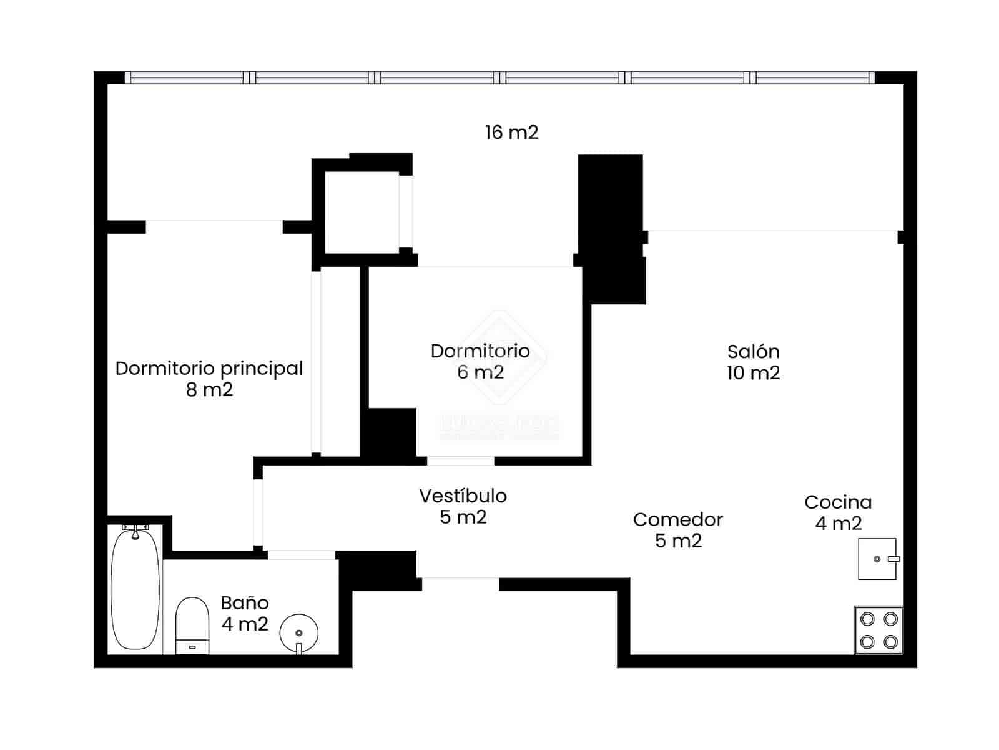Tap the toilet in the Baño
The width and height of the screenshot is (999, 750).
click(192, 625)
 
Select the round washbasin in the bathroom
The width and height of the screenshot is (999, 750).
click(299, 632)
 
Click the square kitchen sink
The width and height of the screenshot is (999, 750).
click(877, 559)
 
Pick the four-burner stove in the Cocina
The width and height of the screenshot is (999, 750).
click(878, 630)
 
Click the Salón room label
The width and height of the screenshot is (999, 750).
click(753, 351)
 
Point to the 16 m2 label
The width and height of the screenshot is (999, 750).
click(511, 132)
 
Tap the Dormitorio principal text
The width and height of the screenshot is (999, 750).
click(209, 368)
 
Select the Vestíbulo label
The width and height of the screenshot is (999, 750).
click(463, 496)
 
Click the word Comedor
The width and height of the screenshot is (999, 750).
click(677, 519)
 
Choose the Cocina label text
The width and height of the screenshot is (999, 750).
click(837, 502)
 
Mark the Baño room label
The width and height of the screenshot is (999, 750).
click(244, 602)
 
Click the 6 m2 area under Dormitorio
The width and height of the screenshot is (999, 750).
click(480, 372)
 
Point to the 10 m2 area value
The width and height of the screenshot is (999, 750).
click(753, 373)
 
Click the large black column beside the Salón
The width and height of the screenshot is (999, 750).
click(611, 225)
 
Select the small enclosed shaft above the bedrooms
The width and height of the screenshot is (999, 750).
click(362, 212)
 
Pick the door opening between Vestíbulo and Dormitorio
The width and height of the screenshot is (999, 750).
click(460, 461)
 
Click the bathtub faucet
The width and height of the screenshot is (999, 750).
click(135, 531)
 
